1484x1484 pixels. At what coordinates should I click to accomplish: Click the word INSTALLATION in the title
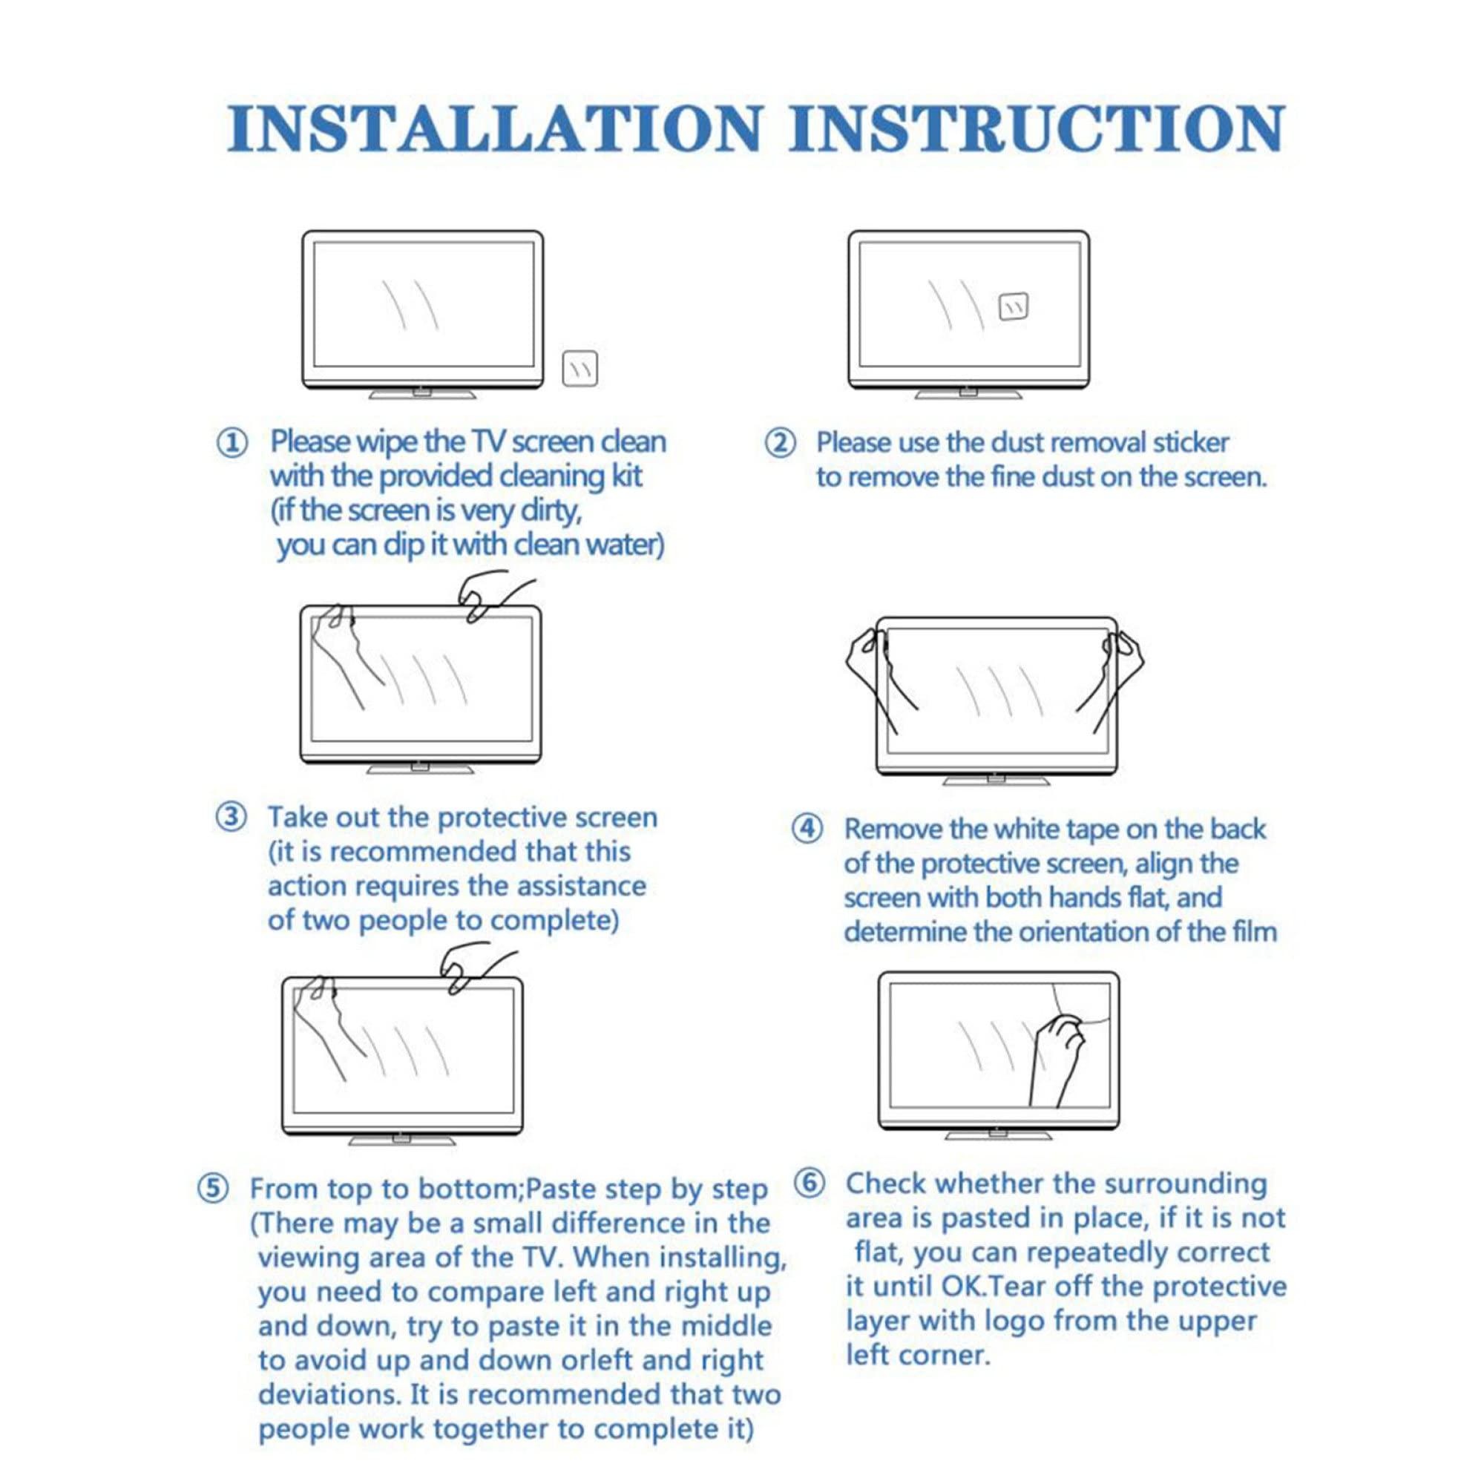coord(494,128)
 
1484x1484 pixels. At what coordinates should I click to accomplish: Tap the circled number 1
coord(233,443)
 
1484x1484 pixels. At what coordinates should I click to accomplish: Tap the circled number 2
coord(781,443)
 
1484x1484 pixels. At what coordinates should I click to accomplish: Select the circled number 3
coord(232,817)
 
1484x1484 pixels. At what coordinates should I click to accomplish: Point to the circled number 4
coord(807,830)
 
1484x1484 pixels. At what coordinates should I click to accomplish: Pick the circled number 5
coord(214,1189)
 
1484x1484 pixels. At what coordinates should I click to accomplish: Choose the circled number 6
coord(809,1183)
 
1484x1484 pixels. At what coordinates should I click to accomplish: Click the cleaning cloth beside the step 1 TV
coord(580,370)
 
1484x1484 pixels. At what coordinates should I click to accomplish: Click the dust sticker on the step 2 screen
coord(1013,306)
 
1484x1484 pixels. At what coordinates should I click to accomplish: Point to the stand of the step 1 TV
coord(421,393)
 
